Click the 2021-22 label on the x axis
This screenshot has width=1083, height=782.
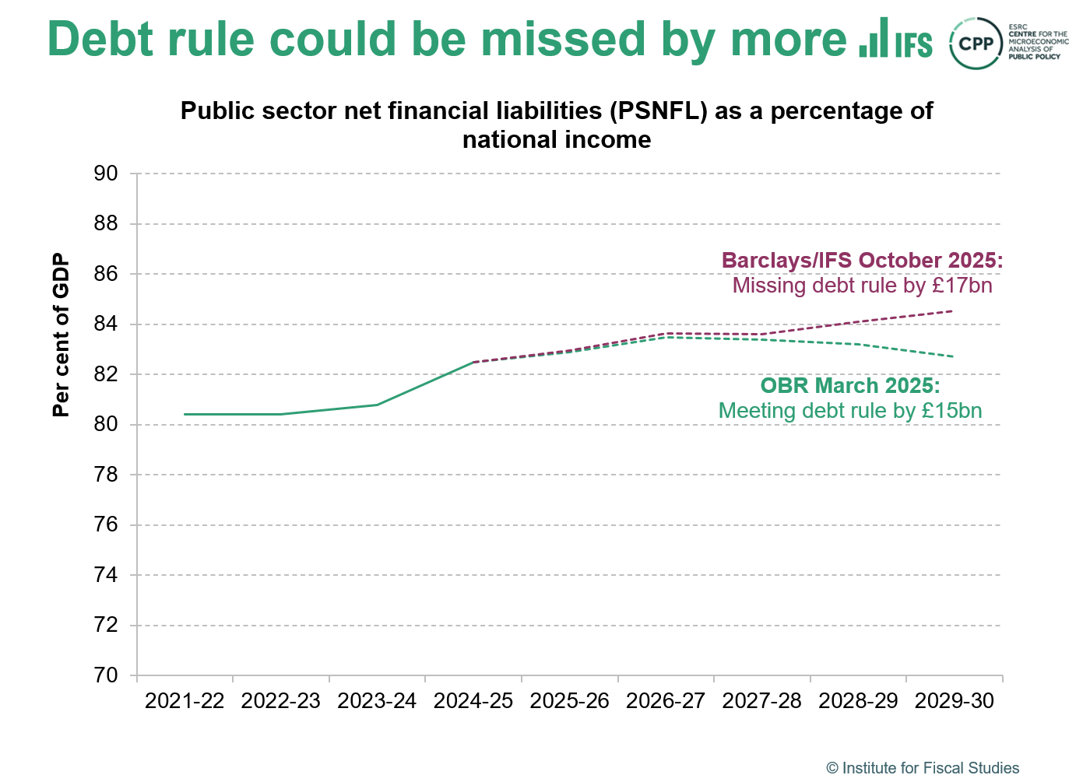185,701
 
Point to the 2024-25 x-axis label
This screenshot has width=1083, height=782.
473,701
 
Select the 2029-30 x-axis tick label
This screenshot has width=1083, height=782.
955,701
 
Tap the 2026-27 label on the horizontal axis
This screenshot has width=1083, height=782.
666,701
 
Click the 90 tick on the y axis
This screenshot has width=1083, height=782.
106,174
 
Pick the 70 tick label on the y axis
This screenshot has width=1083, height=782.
106,675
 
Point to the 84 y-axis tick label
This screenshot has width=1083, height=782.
106,324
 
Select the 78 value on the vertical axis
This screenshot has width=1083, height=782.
106,475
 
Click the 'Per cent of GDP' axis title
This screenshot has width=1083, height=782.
61,335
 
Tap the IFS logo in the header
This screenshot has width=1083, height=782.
895,39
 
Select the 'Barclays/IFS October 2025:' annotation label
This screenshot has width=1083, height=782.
863,261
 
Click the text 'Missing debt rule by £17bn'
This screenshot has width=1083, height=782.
863,286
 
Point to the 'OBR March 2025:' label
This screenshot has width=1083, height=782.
850,386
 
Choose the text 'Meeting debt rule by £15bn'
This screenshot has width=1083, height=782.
850,411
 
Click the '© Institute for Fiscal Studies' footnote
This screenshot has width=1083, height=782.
923,768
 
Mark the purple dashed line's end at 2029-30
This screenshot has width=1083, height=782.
953,311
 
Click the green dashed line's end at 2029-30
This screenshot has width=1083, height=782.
953,356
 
